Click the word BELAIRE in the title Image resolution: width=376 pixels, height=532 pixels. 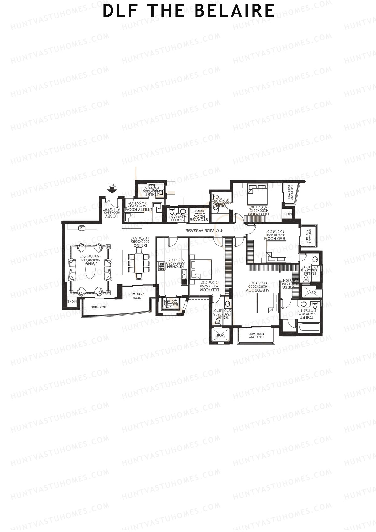pyautogui.click(x=234, y=11)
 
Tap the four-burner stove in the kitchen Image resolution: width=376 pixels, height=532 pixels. pyautogui.click(x=162, y=266)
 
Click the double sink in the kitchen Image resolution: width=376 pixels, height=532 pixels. pyautogui.click(x=184, y=276)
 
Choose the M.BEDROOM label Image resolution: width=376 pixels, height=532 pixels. pyautogui.click(x=255, y=290)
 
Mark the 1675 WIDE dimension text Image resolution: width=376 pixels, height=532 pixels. pyautogui.click(x=99, y=307)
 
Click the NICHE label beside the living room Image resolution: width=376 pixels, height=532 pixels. pyautogui.click(x=72, y=302)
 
